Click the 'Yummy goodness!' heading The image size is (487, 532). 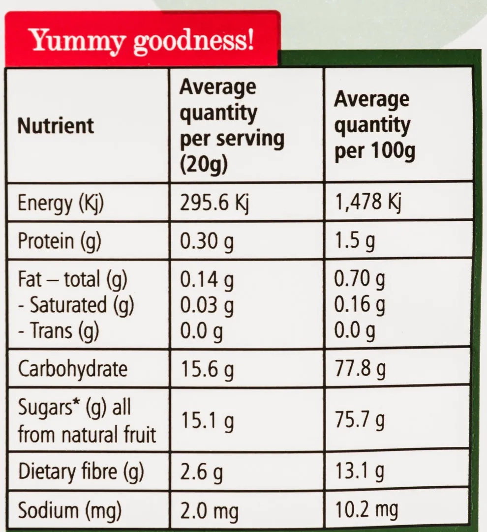click(143, 42)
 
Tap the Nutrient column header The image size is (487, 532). click(55, 125)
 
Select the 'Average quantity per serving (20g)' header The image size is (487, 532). click(232, 126)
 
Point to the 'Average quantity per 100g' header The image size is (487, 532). click(374, 126)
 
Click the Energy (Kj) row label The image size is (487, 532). click(61, 204)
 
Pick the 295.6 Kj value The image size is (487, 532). click(214, 202)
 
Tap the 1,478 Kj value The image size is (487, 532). click(367, 202)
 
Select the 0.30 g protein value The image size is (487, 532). click(207, 241)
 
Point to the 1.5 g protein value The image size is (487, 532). click(354, 241)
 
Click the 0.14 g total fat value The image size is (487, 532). click(207, 280)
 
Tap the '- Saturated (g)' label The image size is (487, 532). click(76, 305)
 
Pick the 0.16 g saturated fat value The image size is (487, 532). click(360, 305)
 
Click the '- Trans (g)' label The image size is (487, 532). click(59, 330)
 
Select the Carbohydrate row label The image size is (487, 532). click(72, 369)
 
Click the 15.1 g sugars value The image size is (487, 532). click(207, 420)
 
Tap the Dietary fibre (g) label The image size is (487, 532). click(81, 473)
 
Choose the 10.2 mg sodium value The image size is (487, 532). click(366, 510)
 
